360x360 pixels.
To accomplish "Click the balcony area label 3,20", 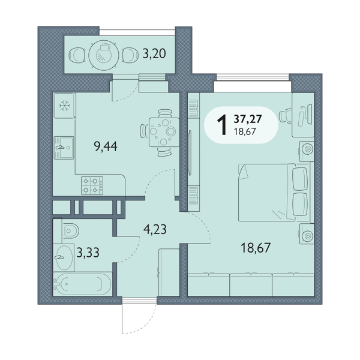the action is [154, 54].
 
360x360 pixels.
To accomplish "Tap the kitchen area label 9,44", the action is [106, 146].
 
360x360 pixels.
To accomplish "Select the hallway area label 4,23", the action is [155, 229].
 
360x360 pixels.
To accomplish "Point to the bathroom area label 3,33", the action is [88, 253].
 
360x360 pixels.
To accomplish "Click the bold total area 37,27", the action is [248, 119].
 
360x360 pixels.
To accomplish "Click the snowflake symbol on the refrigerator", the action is [65, 106].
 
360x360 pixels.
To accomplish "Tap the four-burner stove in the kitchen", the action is [92, 185].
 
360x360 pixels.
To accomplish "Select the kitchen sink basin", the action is [64, 148].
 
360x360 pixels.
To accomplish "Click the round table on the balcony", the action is [104, 55].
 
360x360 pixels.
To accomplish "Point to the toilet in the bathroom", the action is [70, 230].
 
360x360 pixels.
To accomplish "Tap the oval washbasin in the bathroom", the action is [65, 257].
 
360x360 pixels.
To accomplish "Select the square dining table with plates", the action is [164, 132].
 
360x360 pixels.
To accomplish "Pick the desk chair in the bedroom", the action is [285, 116].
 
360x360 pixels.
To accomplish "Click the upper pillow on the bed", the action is [301, 179].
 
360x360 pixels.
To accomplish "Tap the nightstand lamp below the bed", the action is [307, 235].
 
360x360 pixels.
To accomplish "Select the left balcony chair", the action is [77, 55].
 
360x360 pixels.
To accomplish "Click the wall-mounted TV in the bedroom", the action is [190, 153].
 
